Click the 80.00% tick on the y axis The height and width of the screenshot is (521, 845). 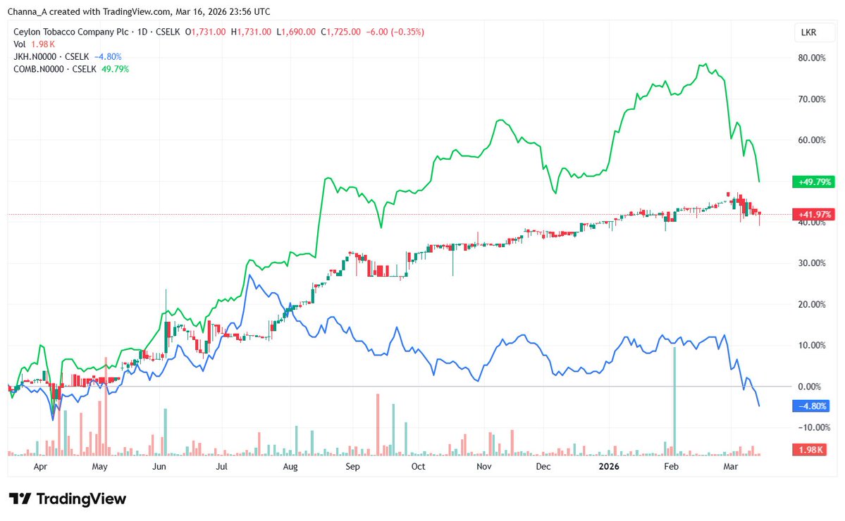810,58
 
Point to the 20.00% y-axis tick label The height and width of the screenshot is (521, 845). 810,304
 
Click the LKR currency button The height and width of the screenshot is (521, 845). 809,32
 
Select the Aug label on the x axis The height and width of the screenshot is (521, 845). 290,466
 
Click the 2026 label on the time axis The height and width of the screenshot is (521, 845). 608,466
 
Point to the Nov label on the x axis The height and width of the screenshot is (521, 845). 483,466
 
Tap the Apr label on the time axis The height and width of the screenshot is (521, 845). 40,466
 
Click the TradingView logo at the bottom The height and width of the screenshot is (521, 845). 68,499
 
